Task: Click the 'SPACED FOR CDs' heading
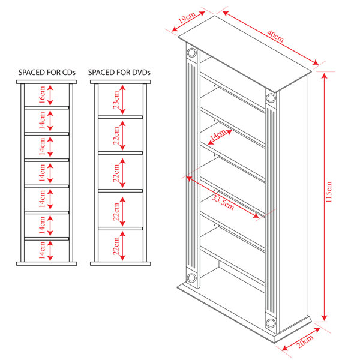pyautogui.click(x=47, y=73)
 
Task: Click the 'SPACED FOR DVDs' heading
pyautogui.click(x=119, y=73)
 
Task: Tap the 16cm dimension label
pyautogui.click(x=42, y=95)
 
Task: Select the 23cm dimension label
pyautogui.click(x=116, y=100)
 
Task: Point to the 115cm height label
pyautogui.click(x=329, y=192)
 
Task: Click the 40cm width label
pyautogui.click(x=275, y=36)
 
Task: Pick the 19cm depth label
pyautogui.click(x=187, y=17)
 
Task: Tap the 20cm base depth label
pyautogui.click(x=305, y=341)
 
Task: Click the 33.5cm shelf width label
pyautogui.click(x=223, y=202)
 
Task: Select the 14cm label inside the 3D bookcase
pyautogui.click(x=218, y=135)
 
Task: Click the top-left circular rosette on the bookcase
pyautogui.click(x=192, y=53)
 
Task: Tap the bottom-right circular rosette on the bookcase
pyautogui.click(x=271, y=323)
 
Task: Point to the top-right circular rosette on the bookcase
pyautogui.click(x=271, y=98)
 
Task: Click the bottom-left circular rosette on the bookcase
pyautogui.click(x=191, y=278)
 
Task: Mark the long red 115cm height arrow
pyautogui.click(x=324, y=197)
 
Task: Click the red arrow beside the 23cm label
pyautogui.click(x=122, y=100)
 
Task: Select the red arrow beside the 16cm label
pyautogui.click(x=50, y=95)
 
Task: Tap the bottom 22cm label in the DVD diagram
pyautogui.click(x=116, y=246)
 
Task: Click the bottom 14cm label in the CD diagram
pyautogui.click(x=42, y=250)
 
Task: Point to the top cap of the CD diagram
pyautogui.click(x=47, y=82)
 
